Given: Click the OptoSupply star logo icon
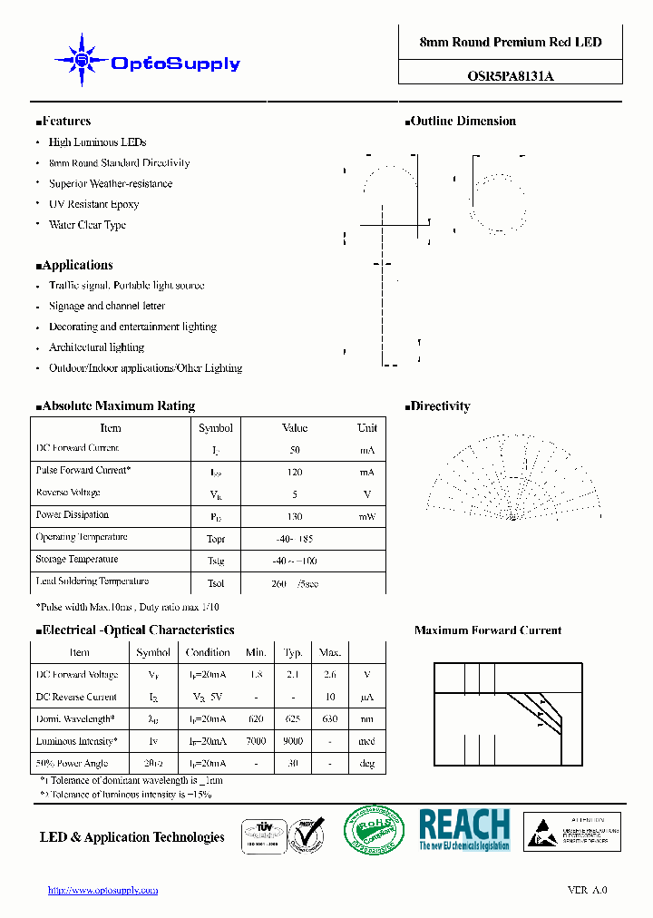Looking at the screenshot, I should point(83,61).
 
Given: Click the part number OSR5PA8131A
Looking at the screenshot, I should point(510,77).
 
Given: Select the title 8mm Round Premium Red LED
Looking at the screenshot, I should point(510,43).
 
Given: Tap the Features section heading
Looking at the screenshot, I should point(63,122).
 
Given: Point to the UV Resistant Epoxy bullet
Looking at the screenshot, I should point(93,205).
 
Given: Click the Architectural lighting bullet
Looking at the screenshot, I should point(96,347).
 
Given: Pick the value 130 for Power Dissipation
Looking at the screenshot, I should point(295,517).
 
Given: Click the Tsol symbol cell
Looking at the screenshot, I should point(216,583).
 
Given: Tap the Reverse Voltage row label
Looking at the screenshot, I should point(68,493).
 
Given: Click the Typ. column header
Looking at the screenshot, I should point(293,652).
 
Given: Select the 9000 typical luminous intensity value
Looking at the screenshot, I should point(293,741).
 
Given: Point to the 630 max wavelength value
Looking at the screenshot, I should point(330,718).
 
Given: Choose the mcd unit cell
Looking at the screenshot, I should point(367,741).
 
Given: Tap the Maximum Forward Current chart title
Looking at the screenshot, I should point(488,630).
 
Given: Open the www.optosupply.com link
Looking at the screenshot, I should point(102,891).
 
